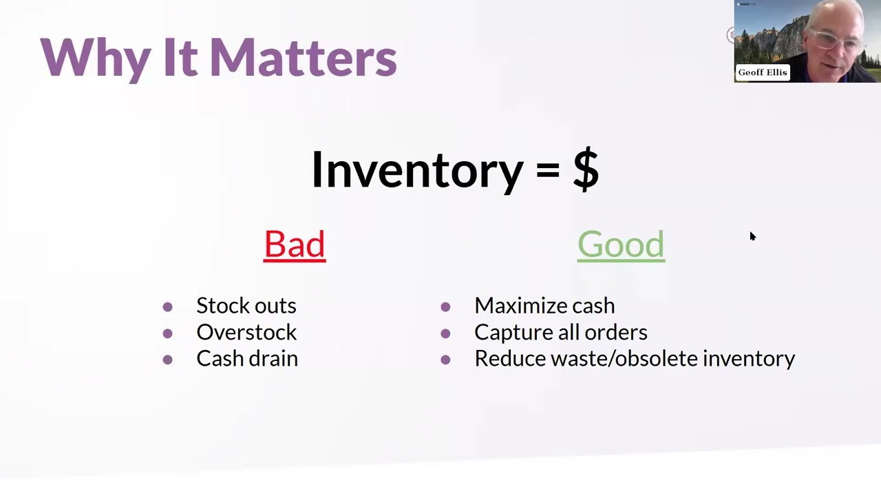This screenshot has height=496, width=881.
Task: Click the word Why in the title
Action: click(96, 58)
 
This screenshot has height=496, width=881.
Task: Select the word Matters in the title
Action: click(303, 58)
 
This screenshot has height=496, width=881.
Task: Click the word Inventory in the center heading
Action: click(417, 169)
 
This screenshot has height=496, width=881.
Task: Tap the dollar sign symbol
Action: click(586, 169)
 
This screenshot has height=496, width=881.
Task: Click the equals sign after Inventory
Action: click(547, 169)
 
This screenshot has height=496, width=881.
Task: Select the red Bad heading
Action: click(295, 245)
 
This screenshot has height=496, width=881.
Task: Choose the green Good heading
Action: click(621, 245)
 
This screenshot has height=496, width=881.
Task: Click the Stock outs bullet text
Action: click(246, 305)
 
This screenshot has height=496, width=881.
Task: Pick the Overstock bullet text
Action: click(246, 332)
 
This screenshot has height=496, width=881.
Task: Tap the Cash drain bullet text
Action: click(246, 358)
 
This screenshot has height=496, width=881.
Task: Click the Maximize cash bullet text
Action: click(544, 305)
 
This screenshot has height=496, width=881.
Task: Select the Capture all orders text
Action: click(560, 332)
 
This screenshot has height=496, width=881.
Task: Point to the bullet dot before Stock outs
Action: click(167, 307)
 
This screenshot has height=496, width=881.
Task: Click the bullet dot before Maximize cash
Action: click(445, 307)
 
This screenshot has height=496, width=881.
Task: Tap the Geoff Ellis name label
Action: click(762, 72)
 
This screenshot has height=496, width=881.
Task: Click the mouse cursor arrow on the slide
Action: click(752, 236)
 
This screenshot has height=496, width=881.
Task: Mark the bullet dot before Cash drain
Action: click(167, 360)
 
